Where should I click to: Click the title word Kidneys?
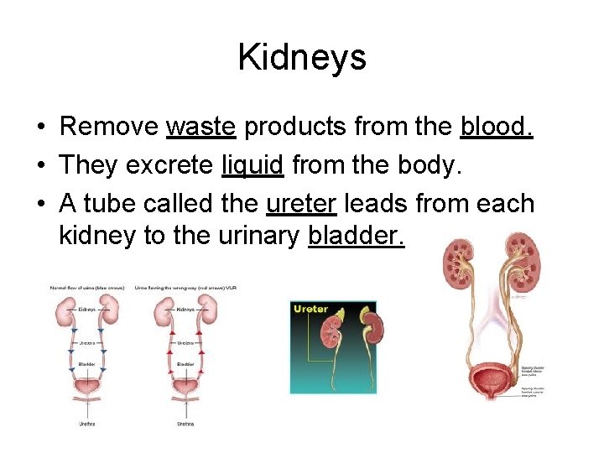pos(302,57)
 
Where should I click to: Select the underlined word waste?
pos(201,127)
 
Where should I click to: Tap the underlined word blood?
pos(497,127)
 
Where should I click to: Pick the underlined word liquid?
pos(253,164)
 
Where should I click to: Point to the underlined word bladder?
pos(357,237)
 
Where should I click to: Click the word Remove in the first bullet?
pos(109,127)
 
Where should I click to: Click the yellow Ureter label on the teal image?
pos(310,310)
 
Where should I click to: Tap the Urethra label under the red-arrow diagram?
pos(185,424)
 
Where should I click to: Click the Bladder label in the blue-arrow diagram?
pos(86,365)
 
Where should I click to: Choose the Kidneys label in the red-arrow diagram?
pos(185,310)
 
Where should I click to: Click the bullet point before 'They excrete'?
pos(41,164)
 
